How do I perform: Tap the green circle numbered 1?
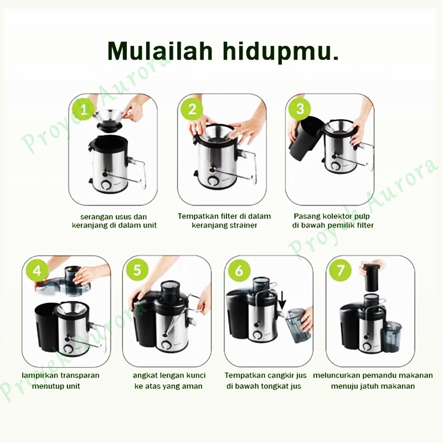pos(84,109)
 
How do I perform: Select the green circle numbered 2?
pos(192,109)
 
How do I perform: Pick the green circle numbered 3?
pos(300,109)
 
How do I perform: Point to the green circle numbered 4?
pos(37,271)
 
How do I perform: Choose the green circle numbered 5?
pos(137,270)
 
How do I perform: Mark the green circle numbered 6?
pos(239,270)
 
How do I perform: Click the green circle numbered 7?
pos(340,270)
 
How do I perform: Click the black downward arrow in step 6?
pos(282,300)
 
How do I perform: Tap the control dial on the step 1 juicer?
pos(107,185)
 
